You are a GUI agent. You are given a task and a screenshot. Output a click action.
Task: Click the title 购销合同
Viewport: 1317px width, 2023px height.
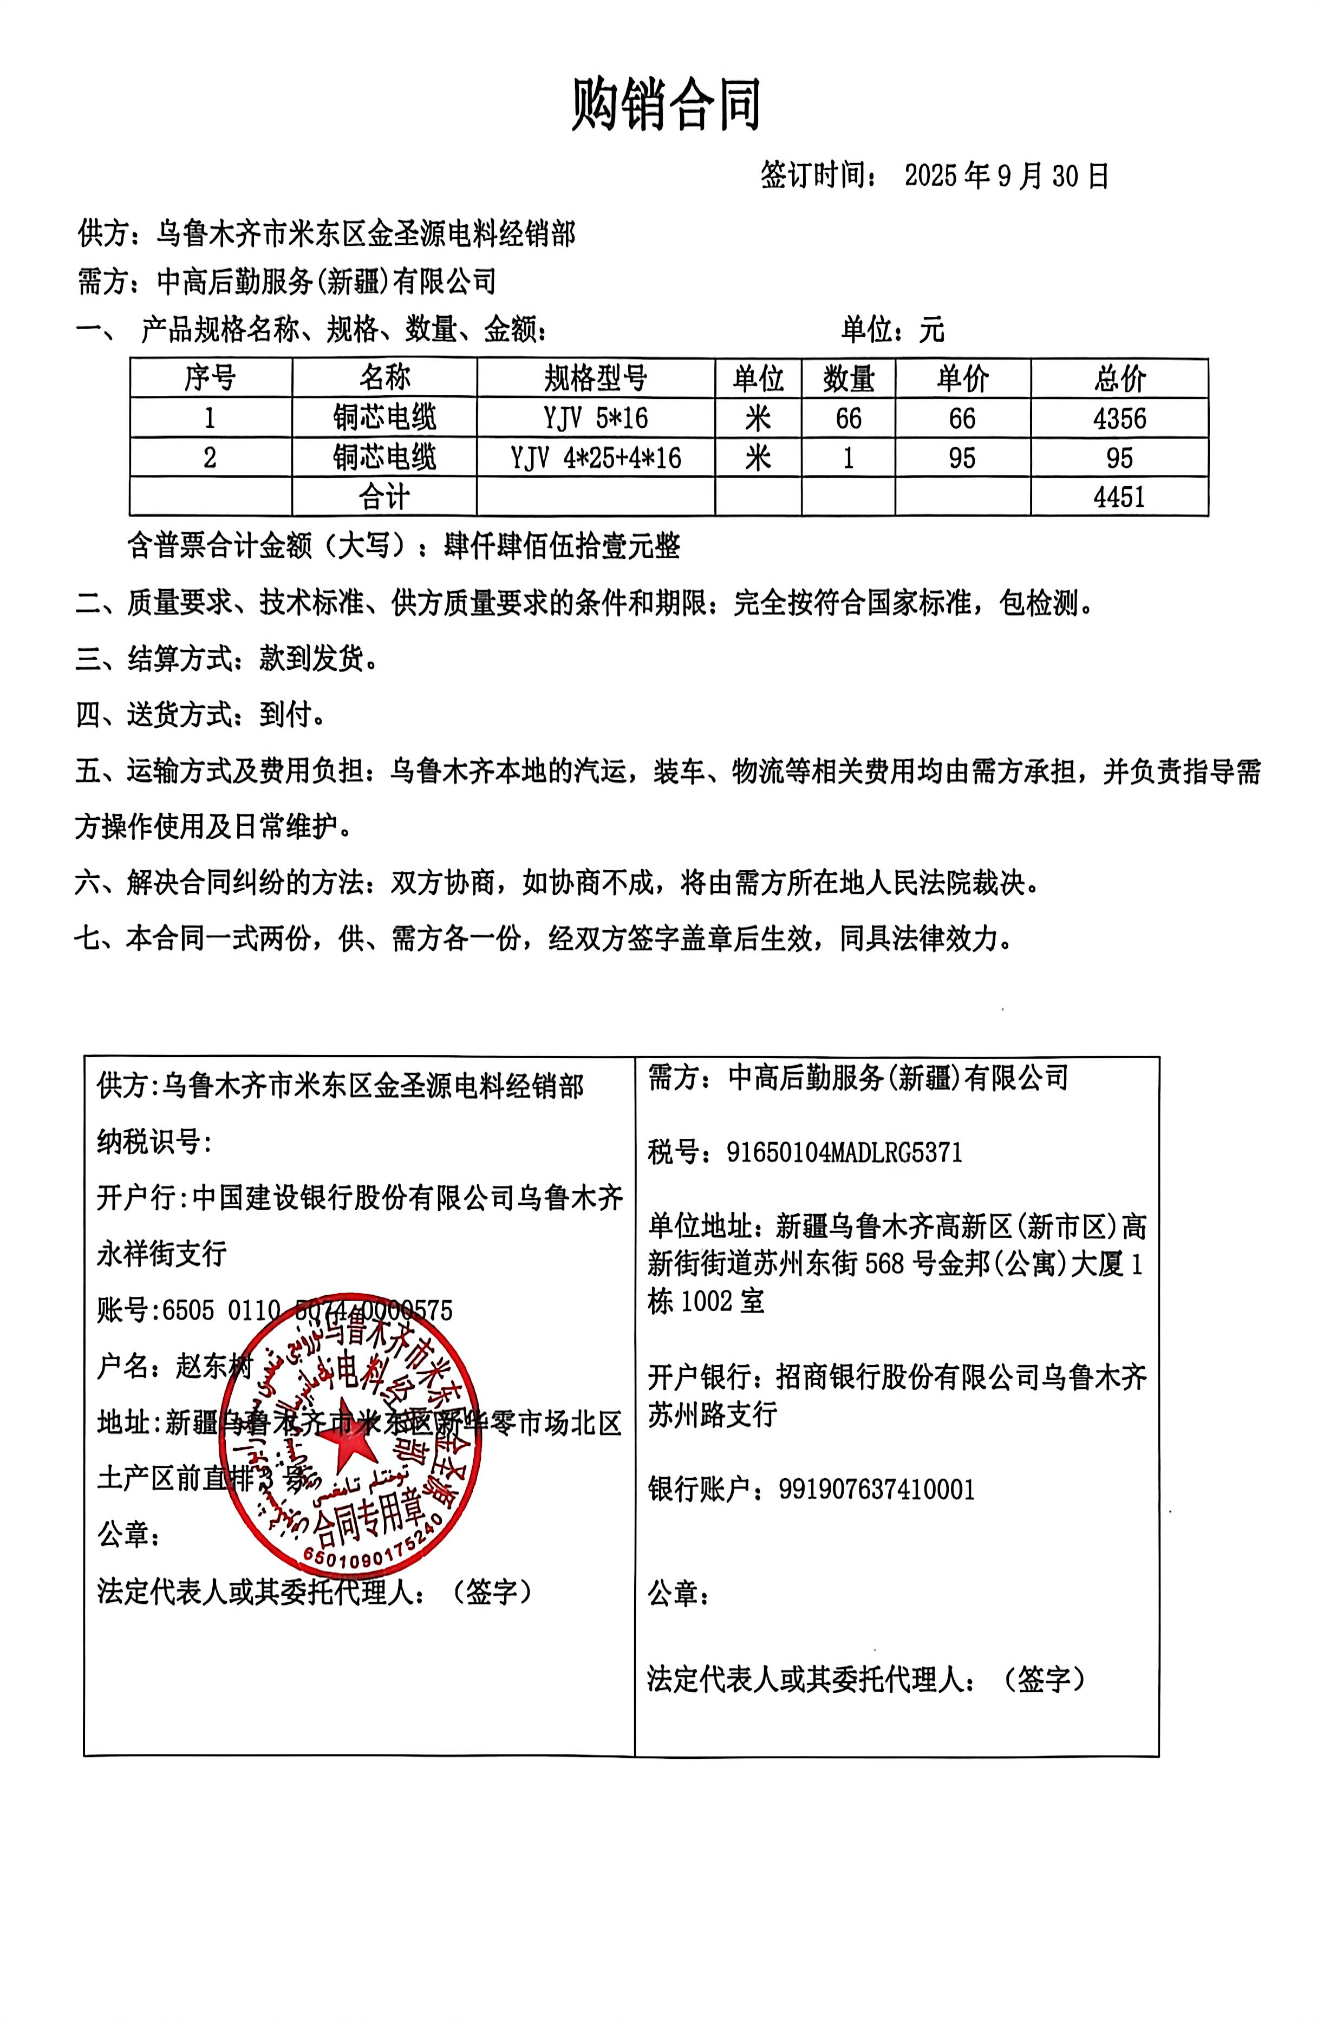[x=666, y=106]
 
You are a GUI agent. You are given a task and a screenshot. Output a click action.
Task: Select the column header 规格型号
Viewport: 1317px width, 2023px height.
[x=595, y=379]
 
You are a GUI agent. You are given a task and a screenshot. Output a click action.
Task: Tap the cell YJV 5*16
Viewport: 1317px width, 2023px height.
[x=595, y=418]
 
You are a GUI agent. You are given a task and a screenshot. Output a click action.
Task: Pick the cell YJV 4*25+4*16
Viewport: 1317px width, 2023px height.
[x=595, y=458]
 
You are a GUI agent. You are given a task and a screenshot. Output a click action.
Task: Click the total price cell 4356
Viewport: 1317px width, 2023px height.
[x=1119, y=418]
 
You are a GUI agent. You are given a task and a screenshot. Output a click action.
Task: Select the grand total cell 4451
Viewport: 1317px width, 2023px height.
[x=1119, y=497]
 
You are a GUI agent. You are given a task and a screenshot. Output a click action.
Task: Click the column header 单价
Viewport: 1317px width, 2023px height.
[x=962, y=379]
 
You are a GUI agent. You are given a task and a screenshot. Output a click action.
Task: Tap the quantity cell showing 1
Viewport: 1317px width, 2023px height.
[x=847, y=458]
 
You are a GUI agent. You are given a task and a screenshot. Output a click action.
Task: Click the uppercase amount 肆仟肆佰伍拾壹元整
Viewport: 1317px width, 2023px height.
[x=562, y=546]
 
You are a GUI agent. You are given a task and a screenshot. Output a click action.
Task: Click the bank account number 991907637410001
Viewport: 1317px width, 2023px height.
[x=876, y=1489]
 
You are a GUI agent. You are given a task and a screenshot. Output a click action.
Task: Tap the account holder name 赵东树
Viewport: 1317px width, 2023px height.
[x=214, y=1366]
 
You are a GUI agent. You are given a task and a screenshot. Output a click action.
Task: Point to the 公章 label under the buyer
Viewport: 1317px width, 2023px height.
[x=677, y=1592]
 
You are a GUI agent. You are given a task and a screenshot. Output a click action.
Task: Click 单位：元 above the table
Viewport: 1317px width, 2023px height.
[x=893, y=329]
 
